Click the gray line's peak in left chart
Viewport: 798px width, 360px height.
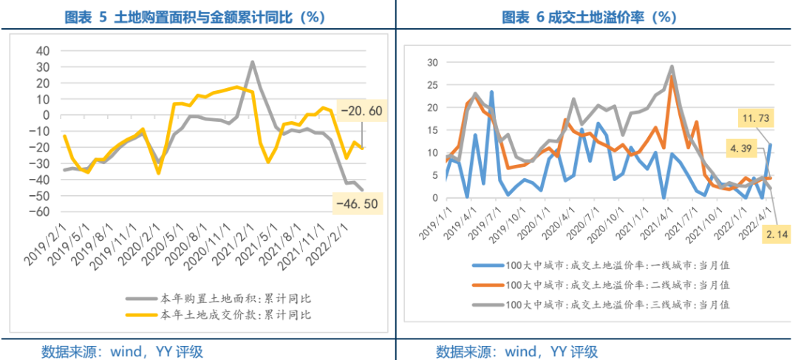point(252,62)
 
